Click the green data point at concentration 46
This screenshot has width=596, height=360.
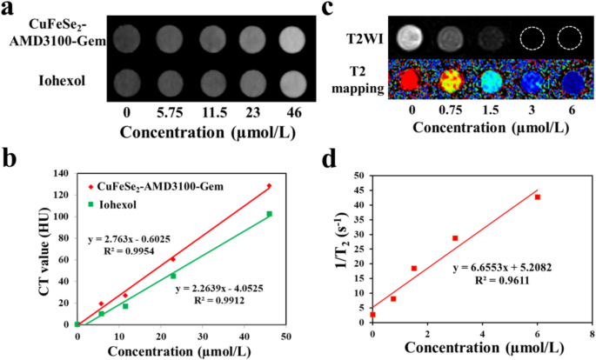(x=270, y=214)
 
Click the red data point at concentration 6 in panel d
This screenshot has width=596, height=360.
(x=537, y=197)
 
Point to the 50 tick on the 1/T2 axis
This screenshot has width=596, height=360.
(x=359, y=176)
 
